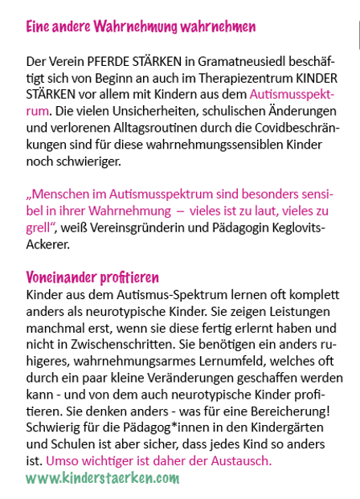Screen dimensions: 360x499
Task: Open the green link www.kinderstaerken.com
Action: (103, 478)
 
